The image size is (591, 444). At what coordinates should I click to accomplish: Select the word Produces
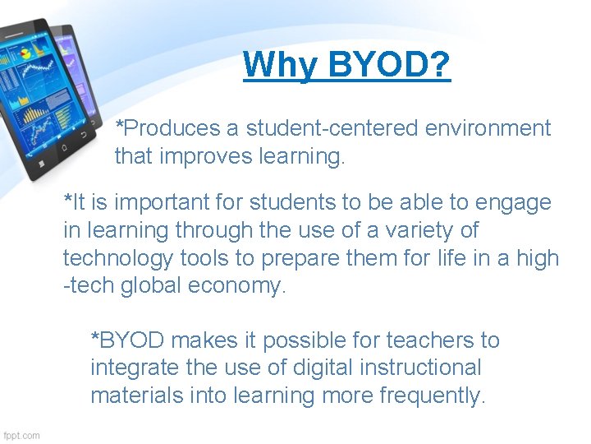point(169,128)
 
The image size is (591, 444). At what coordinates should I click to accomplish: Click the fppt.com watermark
point(21,435)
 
